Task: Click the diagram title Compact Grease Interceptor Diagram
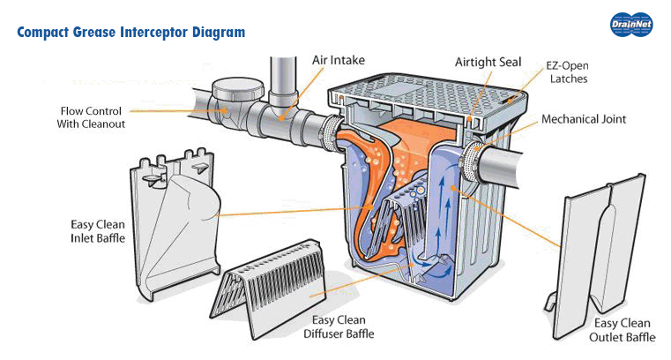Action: click(131, 33)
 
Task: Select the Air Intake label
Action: click(338, 60)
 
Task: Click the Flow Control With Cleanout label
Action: click(92, 117)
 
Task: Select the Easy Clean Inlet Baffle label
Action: click(96, 230)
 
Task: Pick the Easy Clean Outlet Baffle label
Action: click(620, 330)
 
